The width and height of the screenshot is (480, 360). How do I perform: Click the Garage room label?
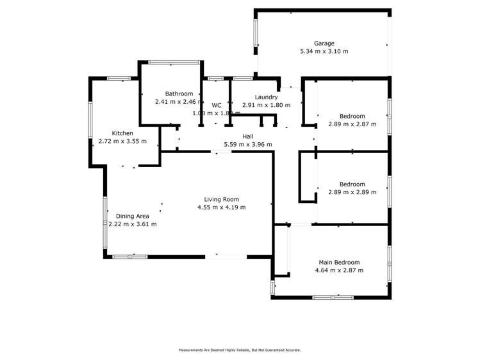[324, 44]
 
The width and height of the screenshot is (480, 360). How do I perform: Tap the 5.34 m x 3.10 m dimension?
[324, 52]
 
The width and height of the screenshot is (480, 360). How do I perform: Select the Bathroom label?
[179, 94]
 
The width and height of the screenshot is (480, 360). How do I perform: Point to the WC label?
[217, 105]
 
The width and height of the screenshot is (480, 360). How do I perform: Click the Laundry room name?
[265, 97]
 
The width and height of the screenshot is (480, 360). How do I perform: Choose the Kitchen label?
[122, 133]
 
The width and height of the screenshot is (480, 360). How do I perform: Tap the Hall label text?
[247, 136]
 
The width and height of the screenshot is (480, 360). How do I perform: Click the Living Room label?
[221, 199]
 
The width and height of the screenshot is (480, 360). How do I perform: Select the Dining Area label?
[132, 217]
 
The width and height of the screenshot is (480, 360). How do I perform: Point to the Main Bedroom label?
[339, 263]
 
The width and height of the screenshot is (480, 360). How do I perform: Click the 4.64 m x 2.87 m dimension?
[339, 271]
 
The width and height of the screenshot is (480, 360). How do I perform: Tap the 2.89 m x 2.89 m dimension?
[352, 192]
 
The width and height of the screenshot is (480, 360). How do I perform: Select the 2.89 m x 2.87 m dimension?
[352, 124]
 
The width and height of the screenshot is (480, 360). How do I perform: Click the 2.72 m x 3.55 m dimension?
[122, 142]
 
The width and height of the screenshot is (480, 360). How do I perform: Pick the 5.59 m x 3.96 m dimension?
[247, 145]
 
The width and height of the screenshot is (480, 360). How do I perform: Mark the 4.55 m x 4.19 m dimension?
[221, 208]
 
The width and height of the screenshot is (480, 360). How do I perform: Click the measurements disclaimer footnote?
[240, 350]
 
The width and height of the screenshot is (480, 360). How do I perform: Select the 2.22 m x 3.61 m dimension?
[132, 225]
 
